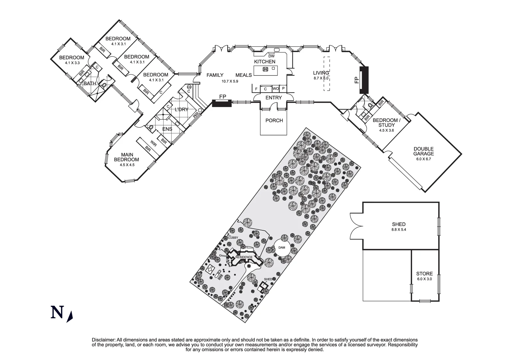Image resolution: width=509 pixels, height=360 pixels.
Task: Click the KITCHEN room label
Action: (264, 62)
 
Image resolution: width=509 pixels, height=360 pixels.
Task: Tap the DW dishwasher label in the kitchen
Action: (271, 56)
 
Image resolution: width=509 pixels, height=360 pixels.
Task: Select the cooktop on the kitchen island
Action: (265, 69)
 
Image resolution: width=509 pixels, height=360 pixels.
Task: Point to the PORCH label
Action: (274, 120)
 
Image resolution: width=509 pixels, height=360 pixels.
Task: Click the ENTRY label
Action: (273, 98)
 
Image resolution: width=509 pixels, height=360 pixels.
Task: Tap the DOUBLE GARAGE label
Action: (424, 151)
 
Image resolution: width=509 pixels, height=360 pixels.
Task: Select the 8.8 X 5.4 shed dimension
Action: (398, 230)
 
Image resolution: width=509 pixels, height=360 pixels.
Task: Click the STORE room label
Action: (424, 274)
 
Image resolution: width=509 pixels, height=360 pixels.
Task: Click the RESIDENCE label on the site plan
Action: (244, 257)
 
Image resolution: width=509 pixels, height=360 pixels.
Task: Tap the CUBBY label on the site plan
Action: (233, 237)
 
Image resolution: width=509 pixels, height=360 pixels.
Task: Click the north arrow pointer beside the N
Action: (70, 317)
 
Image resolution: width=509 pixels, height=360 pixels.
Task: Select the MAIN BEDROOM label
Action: (127, 157)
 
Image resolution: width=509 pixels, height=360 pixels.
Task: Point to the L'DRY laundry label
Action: (182, 109)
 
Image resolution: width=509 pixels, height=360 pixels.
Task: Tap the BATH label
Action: (90, 83)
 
